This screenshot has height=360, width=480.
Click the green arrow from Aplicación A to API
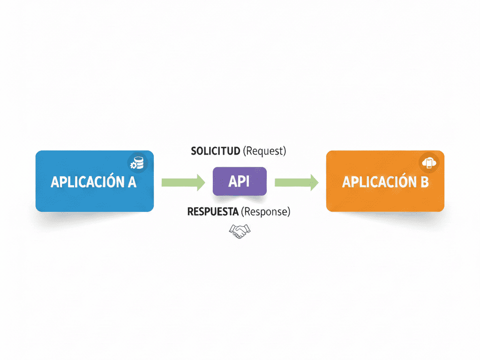183,182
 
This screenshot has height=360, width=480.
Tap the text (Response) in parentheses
266,211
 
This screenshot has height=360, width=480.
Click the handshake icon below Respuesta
239,231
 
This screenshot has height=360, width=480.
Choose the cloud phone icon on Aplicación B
429,163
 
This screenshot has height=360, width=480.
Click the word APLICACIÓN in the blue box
87,182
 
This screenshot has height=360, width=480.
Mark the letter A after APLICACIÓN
131,182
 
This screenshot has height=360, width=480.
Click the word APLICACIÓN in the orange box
378,182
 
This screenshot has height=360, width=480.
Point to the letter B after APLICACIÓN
423,182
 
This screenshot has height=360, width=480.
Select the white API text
239,181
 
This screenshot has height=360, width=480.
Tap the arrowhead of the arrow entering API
201,182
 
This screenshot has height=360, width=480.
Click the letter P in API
240,181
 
